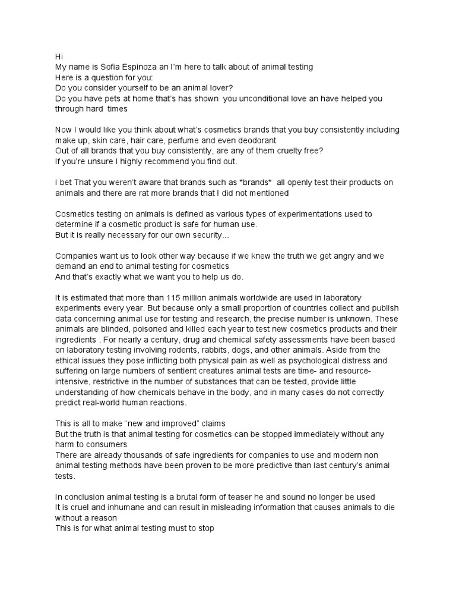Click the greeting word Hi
coord(59,56)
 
